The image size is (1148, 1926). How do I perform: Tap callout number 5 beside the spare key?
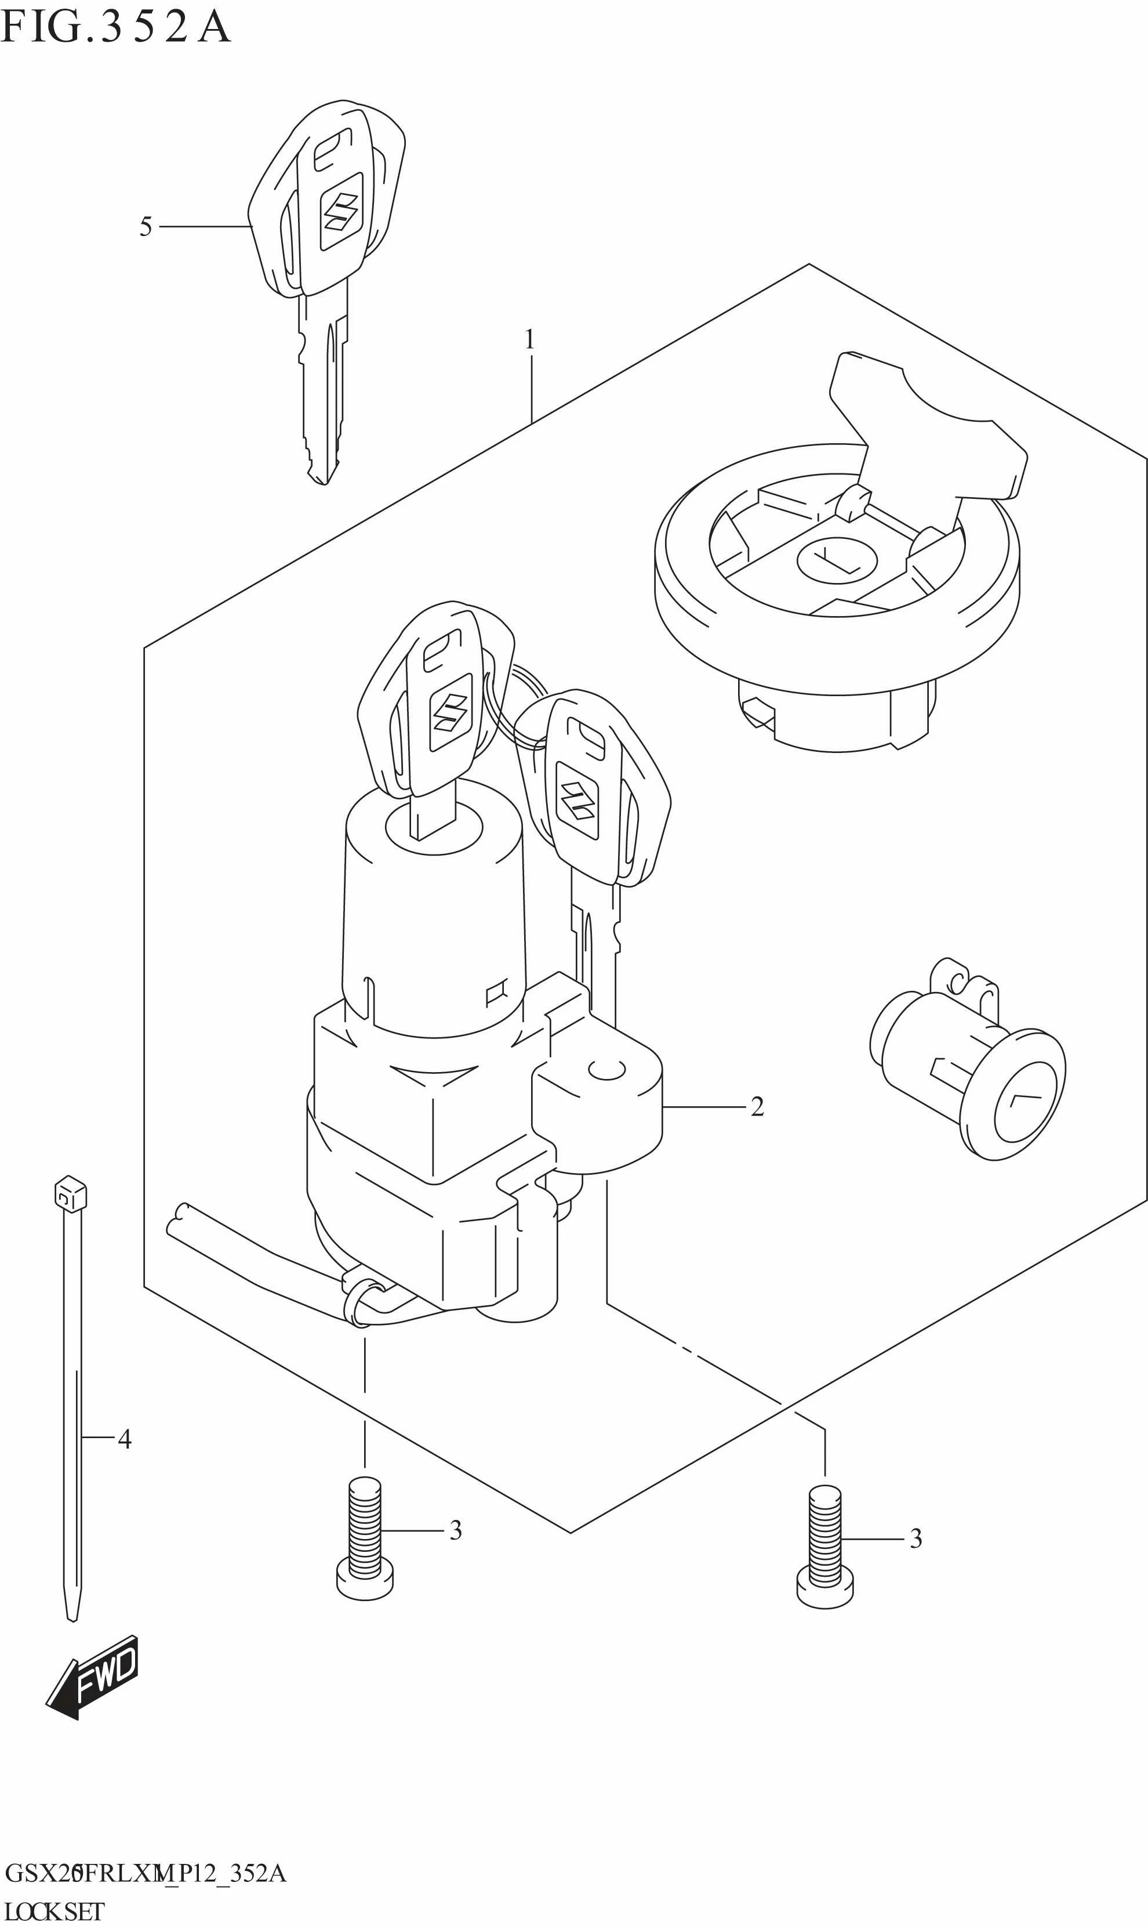point(146,227)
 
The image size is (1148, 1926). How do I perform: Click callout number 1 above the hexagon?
point(530,339)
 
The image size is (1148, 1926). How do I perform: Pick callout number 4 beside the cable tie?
point(123,1439)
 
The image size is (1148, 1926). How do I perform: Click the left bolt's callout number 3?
point(456,1530)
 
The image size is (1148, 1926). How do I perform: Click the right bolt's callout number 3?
point(915,1539)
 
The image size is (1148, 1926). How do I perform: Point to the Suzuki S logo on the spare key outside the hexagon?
point(340,211)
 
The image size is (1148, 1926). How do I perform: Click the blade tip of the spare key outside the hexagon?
point(324,476)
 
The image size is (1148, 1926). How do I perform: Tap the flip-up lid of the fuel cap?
point(928,433)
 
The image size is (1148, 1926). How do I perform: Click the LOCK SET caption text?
point(53,1911)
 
